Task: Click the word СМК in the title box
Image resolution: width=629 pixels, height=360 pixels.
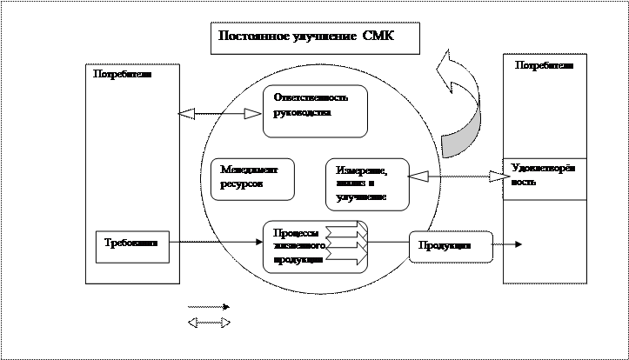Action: [378, 37]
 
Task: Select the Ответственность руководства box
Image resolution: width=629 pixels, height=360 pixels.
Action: [315, 111]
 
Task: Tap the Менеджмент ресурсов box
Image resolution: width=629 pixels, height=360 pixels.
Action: [252, 179]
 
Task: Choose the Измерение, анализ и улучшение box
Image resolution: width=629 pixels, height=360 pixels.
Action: [368, 184]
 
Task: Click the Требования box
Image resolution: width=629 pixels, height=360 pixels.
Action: [131, 246]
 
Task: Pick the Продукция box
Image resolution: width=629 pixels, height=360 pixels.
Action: [450, 246]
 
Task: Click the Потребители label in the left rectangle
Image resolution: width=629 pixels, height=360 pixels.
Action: [122, 75]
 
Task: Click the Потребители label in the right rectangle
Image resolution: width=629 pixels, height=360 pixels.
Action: [544, 65]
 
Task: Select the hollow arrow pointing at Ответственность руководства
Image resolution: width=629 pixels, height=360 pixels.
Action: [252, 114]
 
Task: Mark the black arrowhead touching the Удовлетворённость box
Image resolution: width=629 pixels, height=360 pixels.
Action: [498, 177]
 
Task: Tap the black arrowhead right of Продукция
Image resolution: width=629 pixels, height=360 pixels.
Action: [519, 245]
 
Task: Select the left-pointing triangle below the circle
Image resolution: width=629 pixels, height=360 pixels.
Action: [192, 323]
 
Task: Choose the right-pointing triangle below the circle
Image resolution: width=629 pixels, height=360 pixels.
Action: [225, 323]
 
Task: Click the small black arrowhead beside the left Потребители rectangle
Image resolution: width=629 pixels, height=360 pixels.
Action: [185, 114]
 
